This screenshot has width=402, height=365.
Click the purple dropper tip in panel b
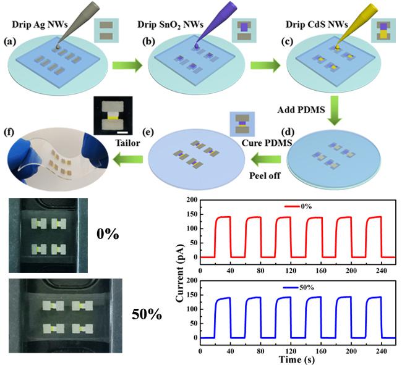click(197, 43)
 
